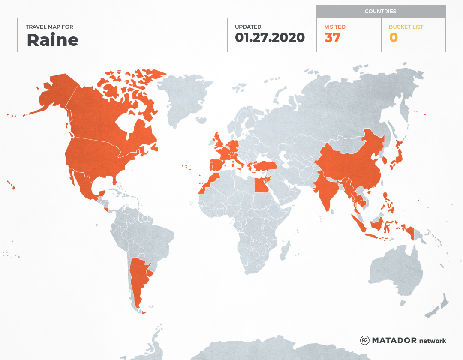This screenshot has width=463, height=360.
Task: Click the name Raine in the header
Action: click(52, 40)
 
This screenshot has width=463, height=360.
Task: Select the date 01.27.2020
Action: click(270, 38)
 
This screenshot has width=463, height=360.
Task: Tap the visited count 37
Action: click(333, 38)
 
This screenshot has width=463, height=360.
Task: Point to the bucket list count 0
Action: click(393, 38)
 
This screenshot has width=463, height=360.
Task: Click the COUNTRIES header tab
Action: click(380, 12)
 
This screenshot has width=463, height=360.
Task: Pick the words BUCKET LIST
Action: click(406, 27)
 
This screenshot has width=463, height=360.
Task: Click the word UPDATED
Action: click(248, 27)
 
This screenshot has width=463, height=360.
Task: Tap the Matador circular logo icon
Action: click(365, 340)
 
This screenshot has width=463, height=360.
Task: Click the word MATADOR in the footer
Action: click(394, 340)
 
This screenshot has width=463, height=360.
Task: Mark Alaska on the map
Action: click(56, 92)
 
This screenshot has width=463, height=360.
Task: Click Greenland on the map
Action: click(184, 99)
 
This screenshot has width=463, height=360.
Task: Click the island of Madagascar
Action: click(283, 251)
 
